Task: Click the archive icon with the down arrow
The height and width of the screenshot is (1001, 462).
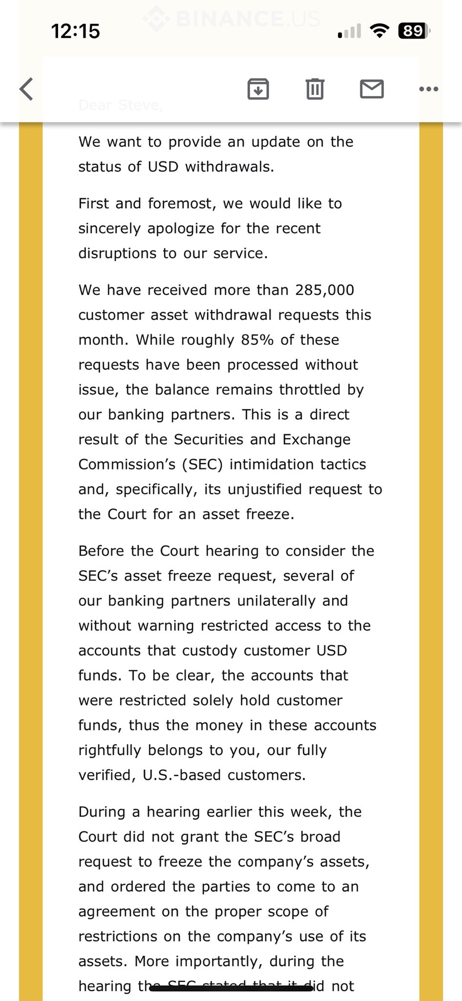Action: coord(258,89)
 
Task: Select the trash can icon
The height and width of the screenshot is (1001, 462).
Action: coord(315,89)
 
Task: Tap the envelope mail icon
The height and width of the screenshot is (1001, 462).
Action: coord(372,89)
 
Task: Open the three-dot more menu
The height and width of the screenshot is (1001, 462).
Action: coord(428,89)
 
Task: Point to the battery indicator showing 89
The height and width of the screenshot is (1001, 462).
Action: coord(414,31)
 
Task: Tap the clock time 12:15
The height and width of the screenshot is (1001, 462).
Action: coord(76,31)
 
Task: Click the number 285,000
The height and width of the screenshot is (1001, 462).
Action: coord(324,290)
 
